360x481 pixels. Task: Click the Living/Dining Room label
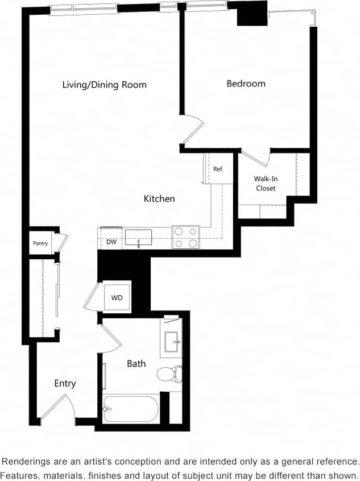pos(104,85)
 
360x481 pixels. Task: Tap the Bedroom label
pos(246,84)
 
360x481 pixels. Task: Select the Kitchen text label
pos(159,198)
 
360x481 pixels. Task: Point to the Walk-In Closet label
pos(266,183)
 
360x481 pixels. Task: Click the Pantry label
pos(40,243)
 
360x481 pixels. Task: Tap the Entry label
pos(65,383)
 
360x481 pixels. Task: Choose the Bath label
pos(136,363)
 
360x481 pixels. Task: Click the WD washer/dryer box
pos(117,297)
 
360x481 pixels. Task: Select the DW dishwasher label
pos(111,242)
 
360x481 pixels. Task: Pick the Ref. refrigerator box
pos(218,169)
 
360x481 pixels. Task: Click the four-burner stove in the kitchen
pos(186,237)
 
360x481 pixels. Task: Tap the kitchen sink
pos(138,238)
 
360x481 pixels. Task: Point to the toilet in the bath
pos(169,374)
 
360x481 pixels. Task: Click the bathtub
pos(131,408)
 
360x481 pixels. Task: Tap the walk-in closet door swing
pos(257,157)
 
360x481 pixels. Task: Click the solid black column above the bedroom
pos(252,14)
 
